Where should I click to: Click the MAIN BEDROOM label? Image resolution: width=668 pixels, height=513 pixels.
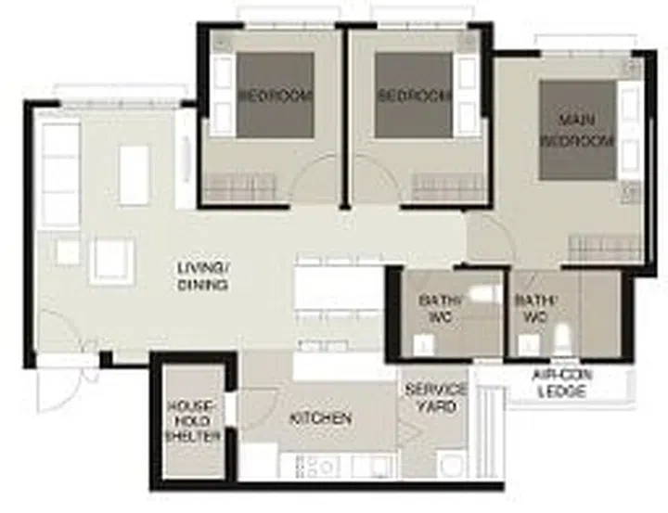click(x=577, y=131)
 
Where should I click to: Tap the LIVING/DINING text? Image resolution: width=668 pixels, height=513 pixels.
click(x=202, y=276)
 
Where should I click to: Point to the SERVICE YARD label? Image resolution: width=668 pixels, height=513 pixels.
click(x=435, y=398)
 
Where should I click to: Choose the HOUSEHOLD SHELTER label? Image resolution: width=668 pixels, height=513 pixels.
click(x=194, y=421)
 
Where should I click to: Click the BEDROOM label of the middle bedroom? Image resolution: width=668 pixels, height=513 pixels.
click(x=413, y=96)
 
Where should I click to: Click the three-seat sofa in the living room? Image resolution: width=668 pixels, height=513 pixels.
click(x=60, y=174)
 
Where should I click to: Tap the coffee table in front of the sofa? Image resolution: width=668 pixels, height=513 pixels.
click(x=134, y=174)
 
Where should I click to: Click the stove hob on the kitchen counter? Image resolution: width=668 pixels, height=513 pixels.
click(x=315, y=465)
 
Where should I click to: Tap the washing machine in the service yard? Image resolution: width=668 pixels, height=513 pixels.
click(x=451, y=463)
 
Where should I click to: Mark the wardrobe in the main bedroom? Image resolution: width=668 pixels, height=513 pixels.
click(x=605, y=247)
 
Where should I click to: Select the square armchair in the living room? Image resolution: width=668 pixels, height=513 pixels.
click(x=113, y=259)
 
